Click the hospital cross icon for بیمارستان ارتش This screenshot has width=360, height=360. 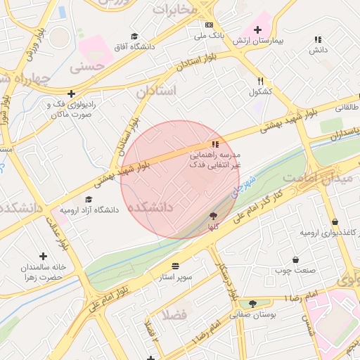pyautogui.click(x=257, y=30)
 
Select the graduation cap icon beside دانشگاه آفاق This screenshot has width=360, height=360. pyautogui.click(x=134, y=36)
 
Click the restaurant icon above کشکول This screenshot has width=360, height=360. pyautogui.click(x=260, y=81)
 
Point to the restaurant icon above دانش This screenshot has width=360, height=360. pyautogui.click(x=318, y=40)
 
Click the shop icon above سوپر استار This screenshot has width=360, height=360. pyautogui.click(x=174, y=266)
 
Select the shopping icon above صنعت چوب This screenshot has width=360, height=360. pyautogui.click(x=295, y=259)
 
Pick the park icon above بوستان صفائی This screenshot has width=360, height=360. pyautogui.click(x=252, y=304)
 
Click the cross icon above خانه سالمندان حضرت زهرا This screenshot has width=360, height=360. pyautogui.click(x=44, y=257)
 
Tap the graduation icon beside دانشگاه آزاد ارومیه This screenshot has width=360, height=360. pyautogui.click(x=88, y=199)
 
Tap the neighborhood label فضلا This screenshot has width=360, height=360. pyautogui.click(x=174, y=314)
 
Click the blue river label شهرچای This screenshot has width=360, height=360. pyautogui.click(x=243, y=185)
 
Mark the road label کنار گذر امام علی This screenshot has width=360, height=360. pyautogui.click(x=257, y=204)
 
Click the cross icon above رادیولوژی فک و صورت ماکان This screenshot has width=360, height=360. pyautogui.click(x=70, y=94)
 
